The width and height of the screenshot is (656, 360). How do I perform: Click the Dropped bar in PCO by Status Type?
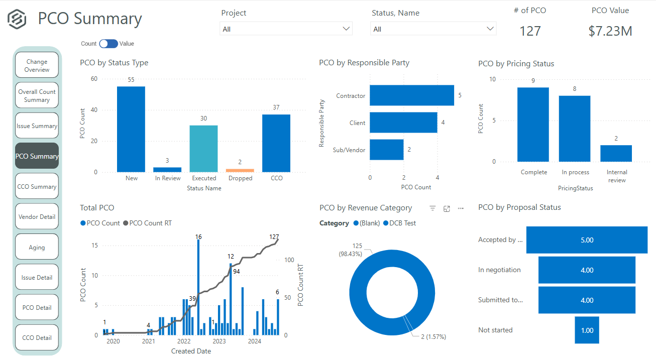click(240, 170)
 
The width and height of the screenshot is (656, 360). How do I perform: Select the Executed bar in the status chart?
click(203, 149)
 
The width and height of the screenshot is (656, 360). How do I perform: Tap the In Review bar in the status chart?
click(167, 170)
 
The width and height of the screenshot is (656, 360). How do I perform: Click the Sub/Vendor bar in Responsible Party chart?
click(387, 150)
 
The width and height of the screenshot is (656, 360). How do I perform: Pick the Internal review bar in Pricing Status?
click(616, 154)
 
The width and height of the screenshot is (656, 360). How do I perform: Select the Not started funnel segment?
click(587, 330)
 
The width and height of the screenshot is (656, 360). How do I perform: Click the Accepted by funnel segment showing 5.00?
click(587, 240)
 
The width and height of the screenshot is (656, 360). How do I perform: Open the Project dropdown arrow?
click(346, 29)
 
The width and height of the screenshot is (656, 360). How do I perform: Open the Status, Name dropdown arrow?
click(490, 29)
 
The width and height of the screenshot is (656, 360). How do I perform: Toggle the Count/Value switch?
click(108, 44)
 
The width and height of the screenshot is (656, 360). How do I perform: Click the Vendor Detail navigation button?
click(37, 217)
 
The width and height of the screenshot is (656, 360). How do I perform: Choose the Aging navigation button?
click(37, 248)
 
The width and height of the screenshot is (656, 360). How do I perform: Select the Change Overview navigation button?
click(37, 66)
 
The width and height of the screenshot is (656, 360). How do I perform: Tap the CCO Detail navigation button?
click(37, 338)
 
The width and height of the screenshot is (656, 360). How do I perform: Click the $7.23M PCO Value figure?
click(610, 31)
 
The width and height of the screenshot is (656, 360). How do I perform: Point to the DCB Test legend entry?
click(400, 223)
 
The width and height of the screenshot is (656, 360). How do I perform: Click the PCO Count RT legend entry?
click(150, 223)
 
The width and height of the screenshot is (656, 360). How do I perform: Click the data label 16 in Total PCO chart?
click(198, 236)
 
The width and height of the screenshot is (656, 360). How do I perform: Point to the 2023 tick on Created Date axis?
click(220, 342)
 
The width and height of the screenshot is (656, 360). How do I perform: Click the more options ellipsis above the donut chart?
click(461, 208)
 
